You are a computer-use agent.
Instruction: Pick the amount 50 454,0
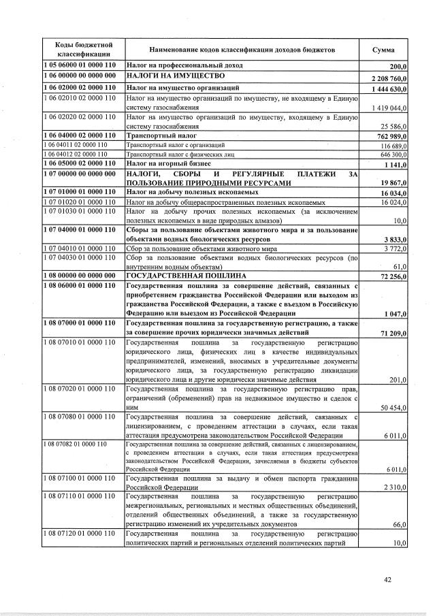click(393, 408)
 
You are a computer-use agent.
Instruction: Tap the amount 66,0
click(399, 525)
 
